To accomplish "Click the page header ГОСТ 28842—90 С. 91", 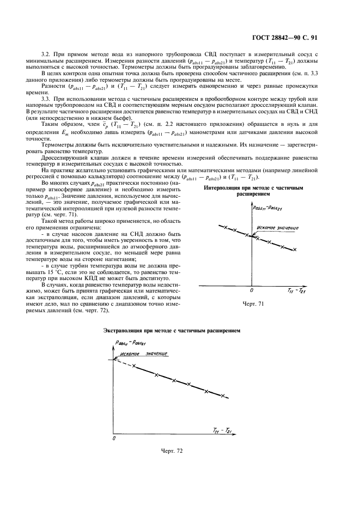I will coord(307,38).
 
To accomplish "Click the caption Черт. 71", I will coord(252,303).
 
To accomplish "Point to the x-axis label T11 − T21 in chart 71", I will coord(297,292).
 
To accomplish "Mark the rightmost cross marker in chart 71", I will coord(295,250).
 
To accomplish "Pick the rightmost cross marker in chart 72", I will coord(223,396).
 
